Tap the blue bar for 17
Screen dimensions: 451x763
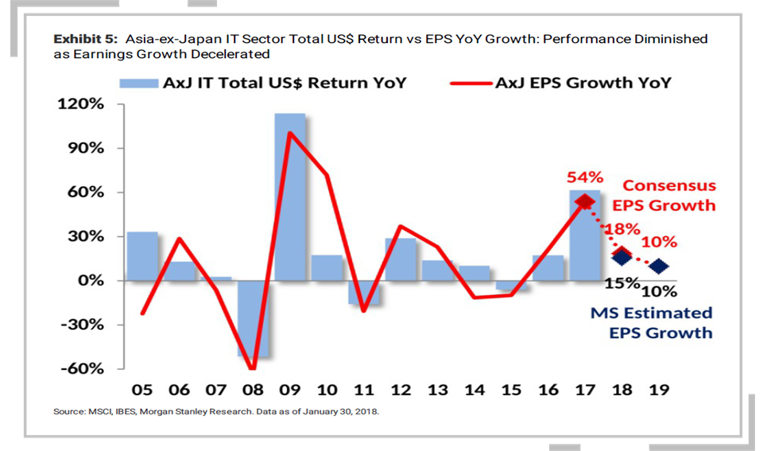point(584,235)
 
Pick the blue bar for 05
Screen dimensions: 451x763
point(142,256)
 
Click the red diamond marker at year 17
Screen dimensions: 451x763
point(584,202)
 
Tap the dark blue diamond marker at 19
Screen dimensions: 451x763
point(658,266)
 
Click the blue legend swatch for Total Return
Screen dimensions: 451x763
point(138,83)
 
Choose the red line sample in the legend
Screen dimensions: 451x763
point(468,83)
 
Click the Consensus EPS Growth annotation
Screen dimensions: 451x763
point(668,196)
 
